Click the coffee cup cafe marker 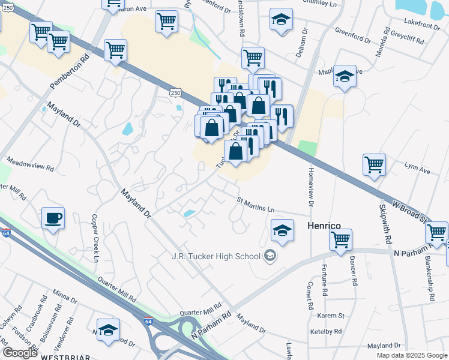[53, 218]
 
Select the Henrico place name [324, 226]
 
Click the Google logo [20, 353]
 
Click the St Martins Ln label [255, 205]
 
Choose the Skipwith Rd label [385, 223]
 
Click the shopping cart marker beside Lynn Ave [374, 164]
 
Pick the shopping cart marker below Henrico [340, 239]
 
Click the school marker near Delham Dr [281, 19]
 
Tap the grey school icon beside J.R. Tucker [270, 256]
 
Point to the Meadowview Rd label [30, 165]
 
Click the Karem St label [331, 316]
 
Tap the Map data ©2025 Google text [411, 355]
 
